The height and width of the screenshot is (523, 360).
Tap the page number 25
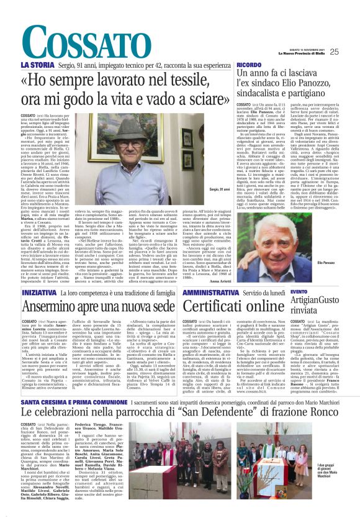(x=351, y=52)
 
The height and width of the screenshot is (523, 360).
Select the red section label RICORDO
(x=248, y=65)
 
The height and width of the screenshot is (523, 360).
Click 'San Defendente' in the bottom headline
(x=227, y=416)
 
